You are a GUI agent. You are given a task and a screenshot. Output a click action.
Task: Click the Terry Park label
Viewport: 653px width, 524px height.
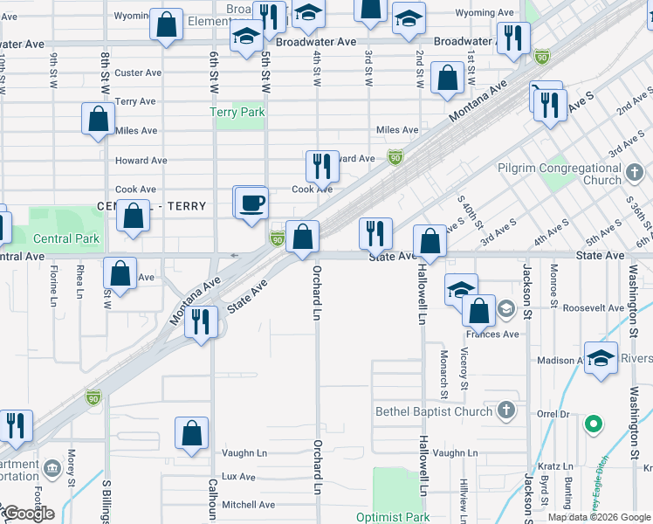point(237,113)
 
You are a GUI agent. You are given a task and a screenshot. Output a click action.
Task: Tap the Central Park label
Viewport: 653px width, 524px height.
point(66,238)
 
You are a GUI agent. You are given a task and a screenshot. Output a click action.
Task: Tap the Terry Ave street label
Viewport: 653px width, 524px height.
point(134,102)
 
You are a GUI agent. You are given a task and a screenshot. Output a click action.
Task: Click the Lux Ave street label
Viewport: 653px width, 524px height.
point(238,477)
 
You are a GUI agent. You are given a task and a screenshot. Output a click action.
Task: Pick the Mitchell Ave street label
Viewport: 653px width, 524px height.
point(248,505)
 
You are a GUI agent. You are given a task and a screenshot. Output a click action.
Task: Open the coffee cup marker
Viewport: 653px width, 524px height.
point(252,203)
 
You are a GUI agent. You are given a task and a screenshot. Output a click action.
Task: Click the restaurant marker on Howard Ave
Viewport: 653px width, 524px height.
point(322,166)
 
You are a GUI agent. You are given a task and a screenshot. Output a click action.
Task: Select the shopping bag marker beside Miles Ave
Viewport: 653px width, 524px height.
point(99,119)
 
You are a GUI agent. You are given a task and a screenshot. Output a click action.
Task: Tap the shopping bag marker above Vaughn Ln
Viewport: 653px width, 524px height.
point(191,433)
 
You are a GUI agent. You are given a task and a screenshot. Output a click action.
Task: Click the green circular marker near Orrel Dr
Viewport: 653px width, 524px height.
point(594,425)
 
